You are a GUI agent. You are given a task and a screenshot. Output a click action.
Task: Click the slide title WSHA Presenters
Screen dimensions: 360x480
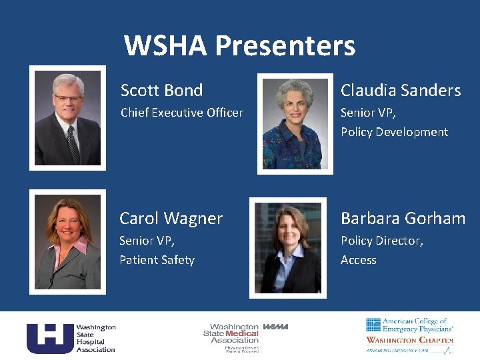point(239,46)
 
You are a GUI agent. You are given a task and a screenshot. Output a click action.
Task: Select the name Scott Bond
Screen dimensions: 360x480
point(161,90)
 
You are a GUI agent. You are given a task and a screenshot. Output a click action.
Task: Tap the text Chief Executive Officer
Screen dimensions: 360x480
point(181,113)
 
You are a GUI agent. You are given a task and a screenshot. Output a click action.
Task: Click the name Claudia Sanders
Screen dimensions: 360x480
point(401,90)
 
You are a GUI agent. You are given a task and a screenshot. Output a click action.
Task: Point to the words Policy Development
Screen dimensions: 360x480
point(394,132)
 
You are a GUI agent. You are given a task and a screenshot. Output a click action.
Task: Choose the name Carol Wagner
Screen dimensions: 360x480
point(171,218)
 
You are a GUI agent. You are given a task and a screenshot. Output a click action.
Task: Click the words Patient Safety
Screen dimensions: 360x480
point(157,260)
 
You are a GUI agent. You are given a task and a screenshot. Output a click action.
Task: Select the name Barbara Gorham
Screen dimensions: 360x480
point(403,218)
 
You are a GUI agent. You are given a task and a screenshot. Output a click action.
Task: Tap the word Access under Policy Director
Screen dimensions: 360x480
point(358,260)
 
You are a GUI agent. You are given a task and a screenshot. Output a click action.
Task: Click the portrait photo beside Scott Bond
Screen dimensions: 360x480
point(67,118)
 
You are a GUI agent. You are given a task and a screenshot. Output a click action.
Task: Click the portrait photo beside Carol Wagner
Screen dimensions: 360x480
point(67,242)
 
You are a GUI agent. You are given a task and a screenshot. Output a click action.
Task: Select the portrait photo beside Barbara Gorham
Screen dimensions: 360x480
point(288,247)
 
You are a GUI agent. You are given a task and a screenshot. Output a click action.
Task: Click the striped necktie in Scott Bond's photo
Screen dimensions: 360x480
point(72,144)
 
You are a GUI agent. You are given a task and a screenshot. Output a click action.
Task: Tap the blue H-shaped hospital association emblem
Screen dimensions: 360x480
point(50,338)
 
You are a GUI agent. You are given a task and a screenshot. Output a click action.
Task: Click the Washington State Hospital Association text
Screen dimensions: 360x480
point(95,338)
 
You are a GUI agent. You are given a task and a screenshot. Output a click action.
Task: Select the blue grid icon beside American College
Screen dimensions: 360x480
point(373,325)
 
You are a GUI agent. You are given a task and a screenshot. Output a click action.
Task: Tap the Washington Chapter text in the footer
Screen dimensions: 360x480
point(409,340)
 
